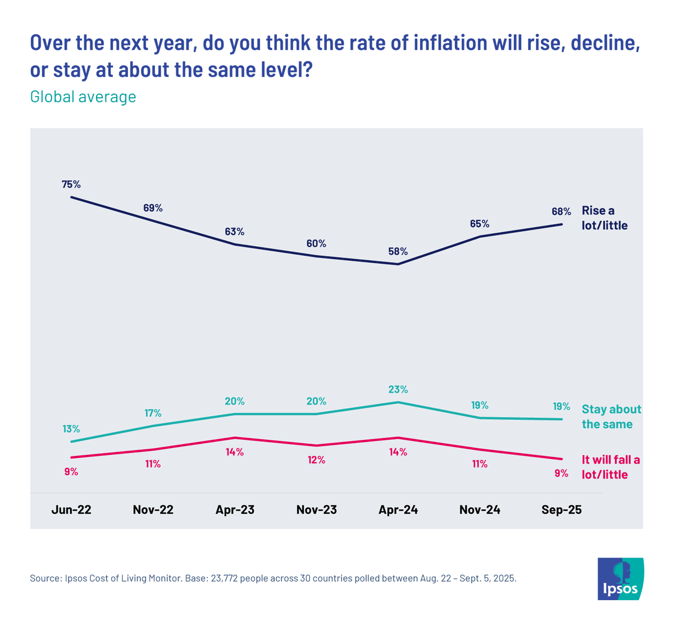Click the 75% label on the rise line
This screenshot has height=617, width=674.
coord(71,184)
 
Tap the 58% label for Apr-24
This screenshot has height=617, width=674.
coord(398,251)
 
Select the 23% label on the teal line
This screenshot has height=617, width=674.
coord(398,389)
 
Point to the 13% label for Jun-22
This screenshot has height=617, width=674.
coord(71,429)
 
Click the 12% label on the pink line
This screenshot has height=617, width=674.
coord(316,460)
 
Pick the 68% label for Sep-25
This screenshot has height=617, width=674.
coord(561,211)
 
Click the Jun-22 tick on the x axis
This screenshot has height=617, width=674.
coord(71,510)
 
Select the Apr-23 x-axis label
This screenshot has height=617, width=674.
coord(235,510)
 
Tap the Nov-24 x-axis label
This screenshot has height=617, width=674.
coord(480,510)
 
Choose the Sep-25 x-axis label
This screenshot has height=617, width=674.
coord(561,510)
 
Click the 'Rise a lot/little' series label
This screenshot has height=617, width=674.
coord(604,218)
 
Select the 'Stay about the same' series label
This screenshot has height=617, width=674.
coord(611,417)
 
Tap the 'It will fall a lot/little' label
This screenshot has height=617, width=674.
coord(611,467)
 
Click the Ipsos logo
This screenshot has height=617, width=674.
coord(621,578)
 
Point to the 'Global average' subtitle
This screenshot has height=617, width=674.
coord(83,96)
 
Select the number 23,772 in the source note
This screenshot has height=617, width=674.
coord(225,578)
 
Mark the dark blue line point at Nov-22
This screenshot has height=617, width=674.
coord(153,221)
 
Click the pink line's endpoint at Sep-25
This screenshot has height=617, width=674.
coord(561,458)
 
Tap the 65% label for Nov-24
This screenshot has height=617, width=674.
coord(480,224)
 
